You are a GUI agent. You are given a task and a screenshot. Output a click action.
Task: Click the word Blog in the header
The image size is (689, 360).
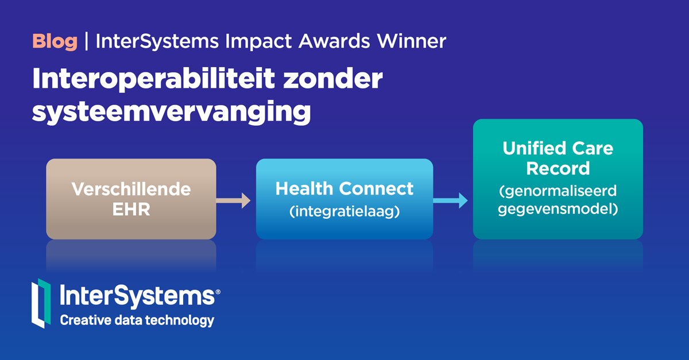55,41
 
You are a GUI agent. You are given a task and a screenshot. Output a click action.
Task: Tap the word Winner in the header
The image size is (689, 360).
417,41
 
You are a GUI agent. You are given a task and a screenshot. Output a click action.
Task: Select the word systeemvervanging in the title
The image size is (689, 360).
171,111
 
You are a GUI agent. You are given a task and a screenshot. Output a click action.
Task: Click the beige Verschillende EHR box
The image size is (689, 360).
131,199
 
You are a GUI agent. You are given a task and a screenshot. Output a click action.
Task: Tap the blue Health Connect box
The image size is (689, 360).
344,199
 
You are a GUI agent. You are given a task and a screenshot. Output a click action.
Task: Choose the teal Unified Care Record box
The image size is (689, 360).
558,179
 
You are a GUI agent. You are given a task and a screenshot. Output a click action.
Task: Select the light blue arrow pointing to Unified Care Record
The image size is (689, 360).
451,201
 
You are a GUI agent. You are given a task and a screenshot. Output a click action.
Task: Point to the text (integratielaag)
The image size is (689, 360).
344,211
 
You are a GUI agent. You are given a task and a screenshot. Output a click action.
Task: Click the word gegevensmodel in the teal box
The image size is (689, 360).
558,209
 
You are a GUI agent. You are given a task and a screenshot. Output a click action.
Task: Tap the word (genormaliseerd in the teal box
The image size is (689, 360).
558,191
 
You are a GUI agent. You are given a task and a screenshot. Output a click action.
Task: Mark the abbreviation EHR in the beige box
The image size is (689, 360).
131,209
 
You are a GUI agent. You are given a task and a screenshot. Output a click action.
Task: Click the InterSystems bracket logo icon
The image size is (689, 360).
41,303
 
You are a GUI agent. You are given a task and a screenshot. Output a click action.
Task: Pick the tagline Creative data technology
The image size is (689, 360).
137,320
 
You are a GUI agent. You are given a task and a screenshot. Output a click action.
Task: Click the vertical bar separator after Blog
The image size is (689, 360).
86,41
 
